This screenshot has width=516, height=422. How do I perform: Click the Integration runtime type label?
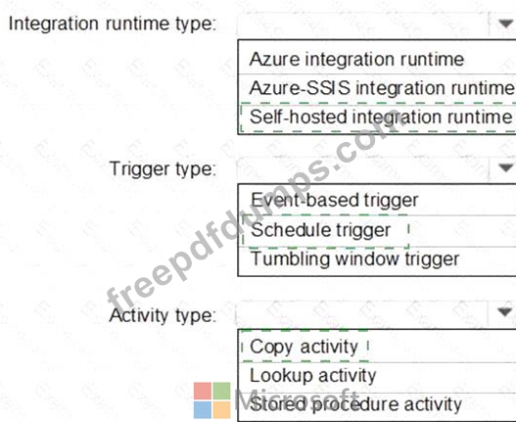click(x=113, y=24)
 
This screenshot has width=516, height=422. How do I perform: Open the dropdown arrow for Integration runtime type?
click(x=505, y=23)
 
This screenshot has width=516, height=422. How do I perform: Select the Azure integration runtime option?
click(x=356, y=60)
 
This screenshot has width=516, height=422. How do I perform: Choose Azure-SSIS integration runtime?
click(x=382, y=88)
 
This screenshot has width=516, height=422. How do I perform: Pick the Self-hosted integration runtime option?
click(x=381, y=117)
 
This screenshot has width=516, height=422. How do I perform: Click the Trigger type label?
click(x=163, y=169)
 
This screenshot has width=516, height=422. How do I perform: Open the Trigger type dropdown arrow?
click(x=505, y=167)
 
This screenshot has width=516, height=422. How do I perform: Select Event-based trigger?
click(x=334, y=200)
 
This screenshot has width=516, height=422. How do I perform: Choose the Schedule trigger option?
click(x=320, y=230)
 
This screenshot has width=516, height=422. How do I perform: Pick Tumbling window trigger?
click(x=354, y=258)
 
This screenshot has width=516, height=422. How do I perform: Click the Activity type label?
click(x=163, y=315)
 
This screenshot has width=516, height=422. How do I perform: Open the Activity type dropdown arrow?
click(x=505, y=311)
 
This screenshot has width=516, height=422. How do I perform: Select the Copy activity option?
click(x=304, y=347)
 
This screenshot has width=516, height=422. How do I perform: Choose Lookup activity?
click(x=312, y=376)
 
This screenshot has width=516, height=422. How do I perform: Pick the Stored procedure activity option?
click(x=355, y=404)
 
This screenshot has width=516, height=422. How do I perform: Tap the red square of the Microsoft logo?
click(x=203, y=391)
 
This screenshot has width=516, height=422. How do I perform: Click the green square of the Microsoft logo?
click(x=221, y=391)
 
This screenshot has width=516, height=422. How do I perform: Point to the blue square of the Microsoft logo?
click(x=203, y=410)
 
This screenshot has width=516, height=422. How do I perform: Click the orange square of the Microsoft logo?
click(x=221, y=410)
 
